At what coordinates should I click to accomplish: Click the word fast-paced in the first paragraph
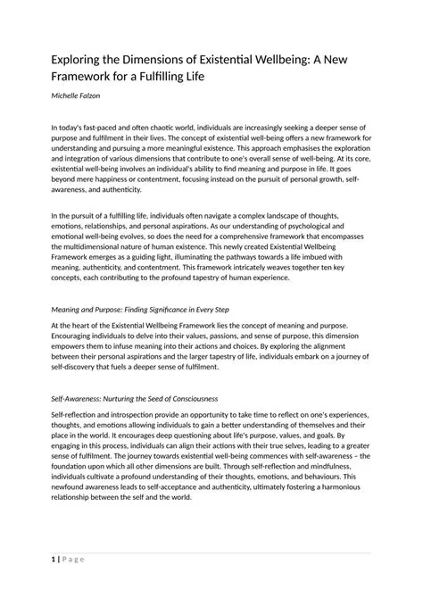pos(102,129)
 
